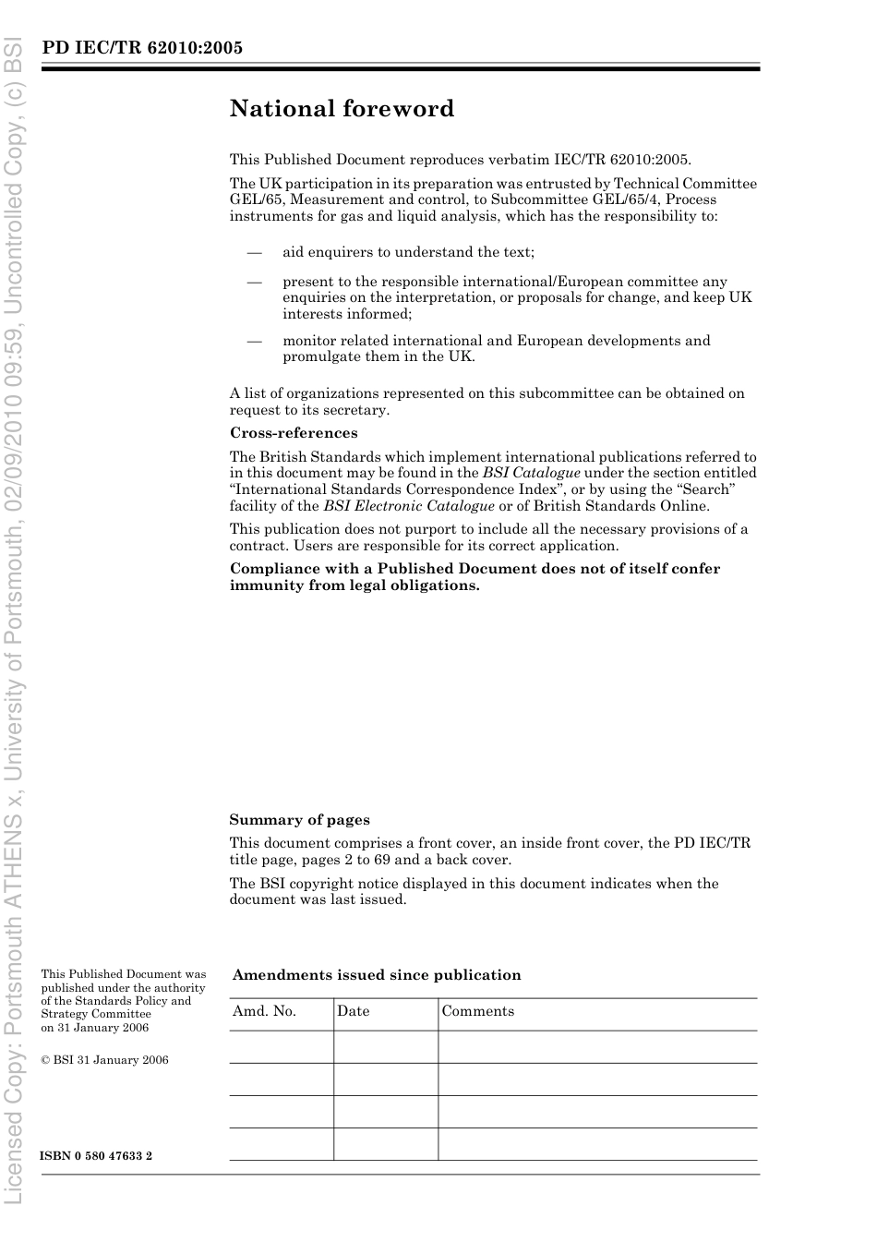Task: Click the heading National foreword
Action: [x=342, y=109]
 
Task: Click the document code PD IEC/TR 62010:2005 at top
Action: [x=142, y=48]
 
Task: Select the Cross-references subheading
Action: [x=294, y=433]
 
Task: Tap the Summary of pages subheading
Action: [x=299, y=820]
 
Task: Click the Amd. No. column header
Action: [x=264, y=1011]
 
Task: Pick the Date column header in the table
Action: [x=353, y=1011]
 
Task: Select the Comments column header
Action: [x=477, y=1011]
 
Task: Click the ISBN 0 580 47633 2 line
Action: [x=97, y=1156]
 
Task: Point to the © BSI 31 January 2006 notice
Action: [x=105, y=1060]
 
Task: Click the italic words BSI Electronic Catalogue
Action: [x=408, y=506]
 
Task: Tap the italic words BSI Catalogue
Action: [x=531, y=473]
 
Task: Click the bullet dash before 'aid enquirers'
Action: [x=254, y=252]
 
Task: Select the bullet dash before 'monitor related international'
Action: [x=254, y=341]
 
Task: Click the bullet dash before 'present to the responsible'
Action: [x=254, y=282]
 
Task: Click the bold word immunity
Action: [x=262, y=585]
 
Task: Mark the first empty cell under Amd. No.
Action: [x=281, y=1047]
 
